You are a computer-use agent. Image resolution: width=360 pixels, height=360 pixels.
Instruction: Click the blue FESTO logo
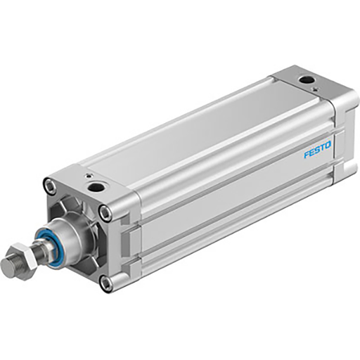[x=317, y=150]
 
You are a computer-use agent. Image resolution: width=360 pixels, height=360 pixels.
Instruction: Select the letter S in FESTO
[x=317, y=150]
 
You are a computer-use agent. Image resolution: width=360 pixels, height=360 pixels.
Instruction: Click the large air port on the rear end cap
[x=307, y=79]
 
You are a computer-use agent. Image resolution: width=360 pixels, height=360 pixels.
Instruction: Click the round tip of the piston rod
[x=8, y=267]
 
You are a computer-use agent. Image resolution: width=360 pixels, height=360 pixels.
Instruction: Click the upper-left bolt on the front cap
[x=49, y=186]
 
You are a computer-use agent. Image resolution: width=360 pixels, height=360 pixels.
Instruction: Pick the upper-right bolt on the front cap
[x=105, y=213]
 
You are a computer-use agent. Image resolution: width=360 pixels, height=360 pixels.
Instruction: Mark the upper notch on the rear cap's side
[x=344, y=127]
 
